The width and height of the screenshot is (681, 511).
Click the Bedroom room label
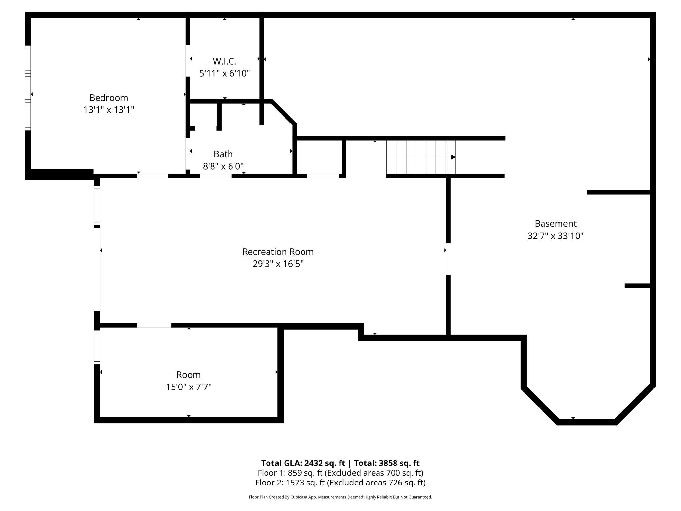point(109,98)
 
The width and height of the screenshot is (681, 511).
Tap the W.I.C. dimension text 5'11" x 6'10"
point(224,73)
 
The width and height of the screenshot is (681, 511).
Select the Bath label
point(223,154)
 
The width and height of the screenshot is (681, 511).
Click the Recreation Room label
point(278,252)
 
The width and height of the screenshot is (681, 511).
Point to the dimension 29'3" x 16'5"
point(278,264)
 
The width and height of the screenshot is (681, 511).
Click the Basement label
point(555,223)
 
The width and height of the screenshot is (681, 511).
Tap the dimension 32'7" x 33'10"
point(555,236)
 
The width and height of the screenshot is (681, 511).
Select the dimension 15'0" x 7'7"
point(189,387)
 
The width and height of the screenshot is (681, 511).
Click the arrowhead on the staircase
point(453,157)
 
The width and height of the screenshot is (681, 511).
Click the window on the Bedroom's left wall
point(28,88)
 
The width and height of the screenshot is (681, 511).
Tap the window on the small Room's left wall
point(97,347)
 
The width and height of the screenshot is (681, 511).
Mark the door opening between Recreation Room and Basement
point(448,259)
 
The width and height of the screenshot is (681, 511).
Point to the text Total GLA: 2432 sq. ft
point(303,463)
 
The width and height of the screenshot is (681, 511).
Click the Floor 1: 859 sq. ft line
point(340,473)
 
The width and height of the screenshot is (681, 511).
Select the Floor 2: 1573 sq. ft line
point(340,483)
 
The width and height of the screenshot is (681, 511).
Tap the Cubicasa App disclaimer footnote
point(340,497)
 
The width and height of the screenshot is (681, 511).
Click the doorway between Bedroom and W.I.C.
point(188,61)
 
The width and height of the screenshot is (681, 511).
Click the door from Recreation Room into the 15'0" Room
point(154,325)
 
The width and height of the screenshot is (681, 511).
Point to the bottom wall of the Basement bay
point(586,422)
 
